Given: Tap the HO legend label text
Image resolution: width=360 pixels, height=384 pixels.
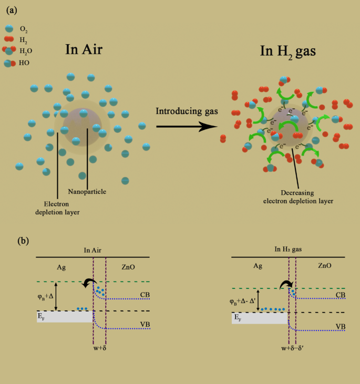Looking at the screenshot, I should [x=24, y=63].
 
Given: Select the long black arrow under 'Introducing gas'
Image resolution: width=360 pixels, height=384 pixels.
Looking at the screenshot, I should [x=187, y=126].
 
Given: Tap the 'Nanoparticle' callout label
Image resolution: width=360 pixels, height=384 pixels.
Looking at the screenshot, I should [x=87, y=191].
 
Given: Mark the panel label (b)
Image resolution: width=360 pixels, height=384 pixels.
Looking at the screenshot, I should [x=23, y=241].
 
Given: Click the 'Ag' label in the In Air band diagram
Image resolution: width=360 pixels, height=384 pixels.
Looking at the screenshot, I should [x=61, y=267].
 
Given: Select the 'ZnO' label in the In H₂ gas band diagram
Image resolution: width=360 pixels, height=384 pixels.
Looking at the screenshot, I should [x=324, y=266].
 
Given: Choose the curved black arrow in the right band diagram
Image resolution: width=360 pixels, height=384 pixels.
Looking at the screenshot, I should [x=287, y=285].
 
